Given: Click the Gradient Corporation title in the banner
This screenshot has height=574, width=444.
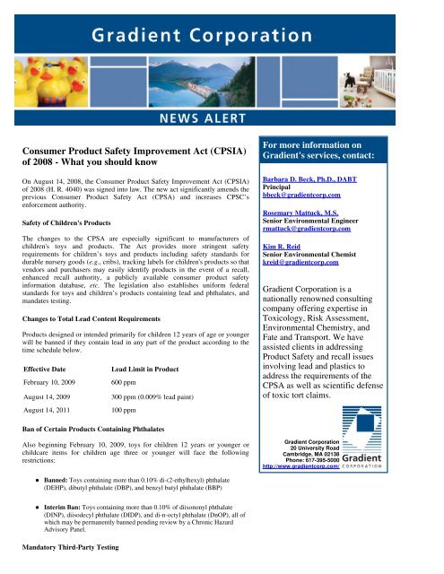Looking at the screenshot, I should coord(222,40).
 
